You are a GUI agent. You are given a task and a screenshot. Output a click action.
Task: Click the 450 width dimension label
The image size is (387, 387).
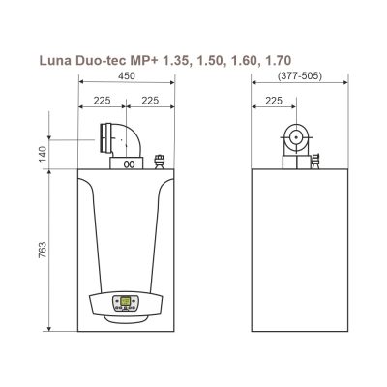point(127,76)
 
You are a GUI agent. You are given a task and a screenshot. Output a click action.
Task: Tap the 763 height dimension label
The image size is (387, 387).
point(43,250)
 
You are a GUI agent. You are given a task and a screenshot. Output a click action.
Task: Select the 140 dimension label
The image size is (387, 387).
point(43,154)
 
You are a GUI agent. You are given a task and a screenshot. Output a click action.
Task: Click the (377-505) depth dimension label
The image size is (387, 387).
point(300,76)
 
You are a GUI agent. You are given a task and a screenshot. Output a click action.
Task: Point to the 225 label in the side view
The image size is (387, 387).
point(274,101)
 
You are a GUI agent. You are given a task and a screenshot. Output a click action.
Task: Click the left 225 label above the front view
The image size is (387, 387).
point(102,101)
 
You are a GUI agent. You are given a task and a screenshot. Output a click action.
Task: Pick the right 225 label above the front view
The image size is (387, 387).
point(150,101)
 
